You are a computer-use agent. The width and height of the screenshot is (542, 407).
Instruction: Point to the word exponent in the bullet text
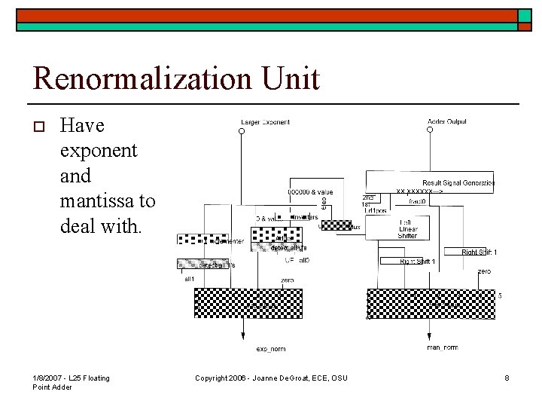[x=98, y=150]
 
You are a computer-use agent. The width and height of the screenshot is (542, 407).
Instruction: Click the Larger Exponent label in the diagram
[x=265, y=121]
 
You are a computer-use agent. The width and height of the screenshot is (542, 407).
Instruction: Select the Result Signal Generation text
[x=458, y=183]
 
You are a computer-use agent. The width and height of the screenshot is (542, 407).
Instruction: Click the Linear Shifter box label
[x=407, y=229]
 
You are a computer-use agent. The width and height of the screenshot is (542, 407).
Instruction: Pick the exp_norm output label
[x=271, y=349]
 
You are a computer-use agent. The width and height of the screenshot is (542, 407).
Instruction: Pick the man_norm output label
[x=443, y=347]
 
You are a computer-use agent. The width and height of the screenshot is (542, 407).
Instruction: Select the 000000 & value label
[x=309, y=192]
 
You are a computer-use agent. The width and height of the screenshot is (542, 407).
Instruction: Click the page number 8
[x=507, y=378]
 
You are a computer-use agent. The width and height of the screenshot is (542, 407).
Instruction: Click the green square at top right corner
[x=525, y=16]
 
